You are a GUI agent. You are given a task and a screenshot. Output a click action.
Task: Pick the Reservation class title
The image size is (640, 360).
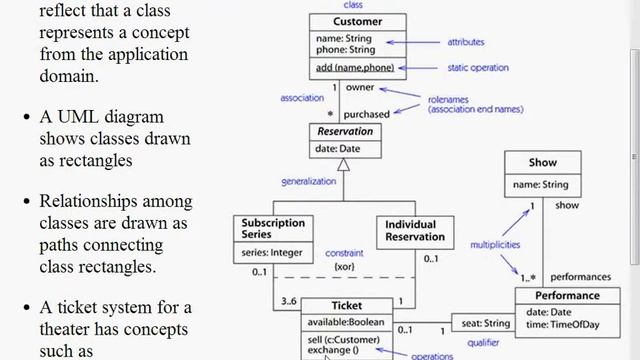344,132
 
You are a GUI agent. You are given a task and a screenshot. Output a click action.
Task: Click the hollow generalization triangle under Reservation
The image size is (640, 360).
343,166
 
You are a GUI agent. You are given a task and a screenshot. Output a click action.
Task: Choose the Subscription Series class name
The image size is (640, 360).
273,228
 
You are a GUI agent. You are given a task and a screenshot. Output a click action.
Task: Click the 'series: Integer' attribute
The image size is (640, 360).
271,252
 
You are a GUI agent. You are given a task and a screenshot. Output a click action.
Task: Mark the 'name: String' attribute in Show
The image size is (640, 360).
540,184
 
